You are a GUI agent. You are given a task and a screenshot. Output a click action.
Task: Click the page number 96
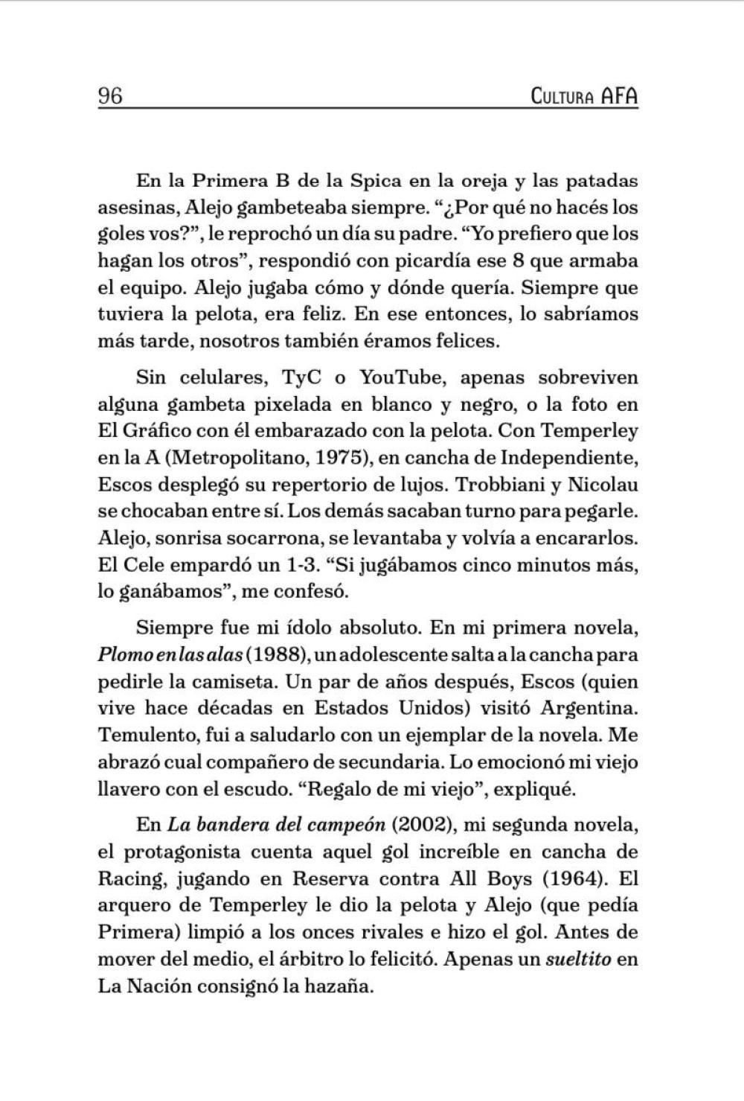(110, 97)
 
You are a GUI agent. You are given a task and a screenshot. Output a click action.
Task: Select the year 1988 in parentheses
(275, 655)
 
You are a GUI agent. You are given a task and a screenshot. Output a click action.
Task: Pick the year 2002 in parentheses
(421, 825)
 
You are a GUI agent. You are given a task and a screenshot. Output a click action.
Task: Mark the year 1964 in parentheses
(571, 878)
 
